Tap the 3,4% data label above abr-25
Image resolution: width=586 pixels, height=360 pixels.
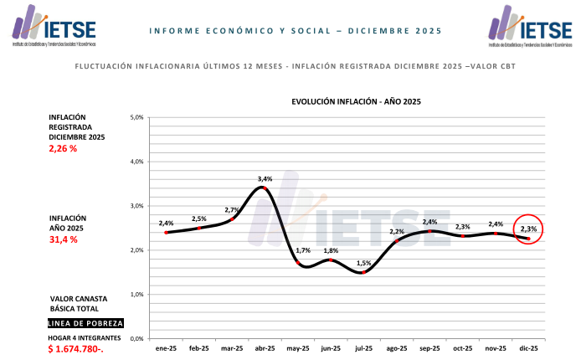click(265, 179)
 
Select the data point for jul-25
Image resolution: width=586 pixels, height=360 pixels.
click(363, 272)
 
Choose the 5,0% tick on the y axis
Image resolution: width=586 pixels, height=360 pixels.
click(137, 117)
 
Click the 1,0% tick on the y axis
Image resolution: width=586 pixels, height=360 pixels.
click(137, 295)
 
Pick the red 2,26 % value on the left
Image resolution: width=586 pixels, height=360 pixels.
click(63, 149)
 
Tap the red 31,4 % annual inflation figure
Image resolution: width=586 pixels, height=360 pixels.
click(63, 240)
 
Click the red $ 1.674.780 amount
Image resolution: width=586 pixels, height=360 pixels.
click(76, 348)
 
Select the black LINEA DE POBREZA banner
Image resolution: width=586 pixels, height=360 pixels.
click(85, 323)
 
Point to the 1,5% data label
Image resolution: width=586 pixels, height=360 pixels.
click(363, 264)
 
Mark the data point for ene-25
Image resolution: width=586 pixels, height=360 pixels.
click(167, 232)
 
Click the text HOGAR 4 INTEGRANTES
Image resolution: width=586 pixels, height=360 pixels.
click(85, 337)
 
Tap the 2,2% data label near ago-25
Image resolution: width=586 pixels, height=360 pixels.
click(396, 231)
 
